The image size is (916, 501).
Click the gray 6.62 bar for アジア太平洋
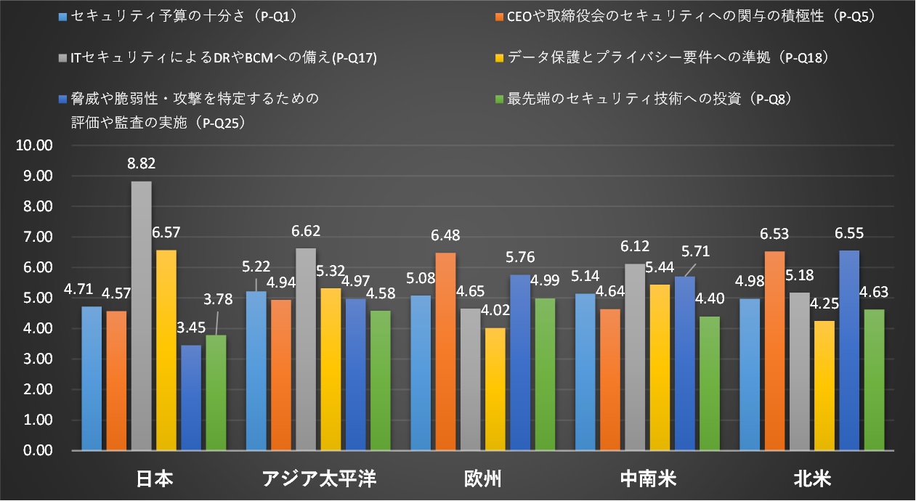306,349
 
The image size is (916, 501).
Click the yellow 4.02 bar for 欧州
494,389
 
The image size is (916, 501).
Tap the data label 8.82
142,165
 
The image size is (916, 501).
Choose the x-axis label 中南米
647,479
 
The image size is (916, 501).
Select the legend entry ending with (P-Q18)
661,57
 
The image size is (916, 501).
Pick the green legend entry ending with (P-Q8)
639,98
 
